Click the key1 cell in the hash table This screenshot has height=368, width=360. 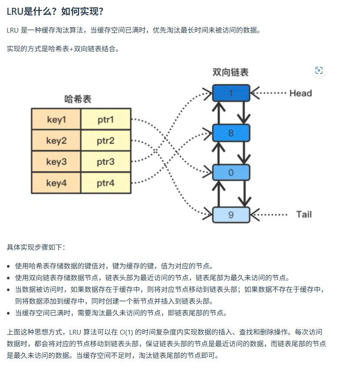point(56,119)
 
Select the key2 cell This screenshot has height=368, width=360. point(56,140)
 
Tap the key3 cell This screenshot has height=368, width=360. point(56,162)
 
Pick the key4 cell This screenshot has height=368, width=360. point(56,183)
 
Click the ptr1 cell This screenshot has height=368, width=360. point(106,119)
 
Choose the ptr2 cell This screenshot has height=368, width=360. point(106,140)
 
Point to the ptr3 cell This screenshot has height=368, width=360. point(106,162)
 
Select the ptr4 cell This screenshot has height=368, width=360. point(106,183)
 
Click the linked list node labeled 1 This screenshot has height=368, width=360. point(231,93)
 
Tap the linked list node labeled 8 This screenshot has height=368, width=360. point(231,133)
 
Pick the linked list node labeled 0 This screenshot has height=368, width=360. point(231,173)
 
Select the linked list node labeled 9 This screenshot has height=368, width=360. point(231,214)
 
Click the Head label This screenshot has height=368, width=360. point(301,93)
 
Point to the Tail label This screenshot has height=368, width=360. point(304,214)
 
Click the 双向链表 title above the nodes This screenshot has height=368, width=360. point(231,72)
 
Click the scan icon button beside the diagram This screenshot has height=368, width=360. point(319,70)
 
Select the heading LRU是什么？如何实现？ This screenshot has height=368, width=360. point(55,10)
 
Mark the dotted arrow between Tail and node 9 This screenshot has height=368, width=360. point(271,214)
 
